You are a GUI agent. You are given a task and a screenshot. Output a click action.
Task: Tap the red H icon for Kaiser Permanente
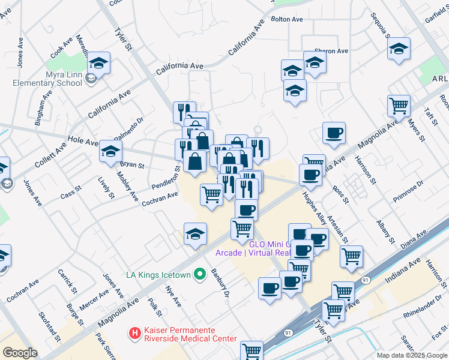(136, 332)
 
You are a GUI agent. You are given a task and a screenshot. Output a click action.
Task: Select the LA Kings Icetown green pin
(199, 275)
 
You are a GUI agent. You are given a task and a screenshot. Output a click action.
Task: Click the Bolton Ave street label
(287, 19)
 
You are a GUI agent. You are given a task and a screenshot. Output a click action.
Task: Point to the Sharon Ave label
(332, 52)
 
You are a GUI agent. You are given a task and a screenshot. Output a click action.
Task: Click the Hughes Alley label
(315, 208)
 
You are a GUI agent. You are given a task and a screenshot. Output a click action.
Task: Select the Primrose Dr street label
(408, 191)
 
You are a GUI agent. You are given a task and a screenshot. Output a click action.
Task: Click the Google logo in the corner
(20, 353)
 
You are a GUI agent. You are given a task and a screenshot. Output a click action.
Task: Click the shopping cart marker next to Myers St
(399, 106)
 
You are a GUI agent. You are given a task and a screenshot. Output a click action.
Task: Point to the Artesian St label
(338, 227)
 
